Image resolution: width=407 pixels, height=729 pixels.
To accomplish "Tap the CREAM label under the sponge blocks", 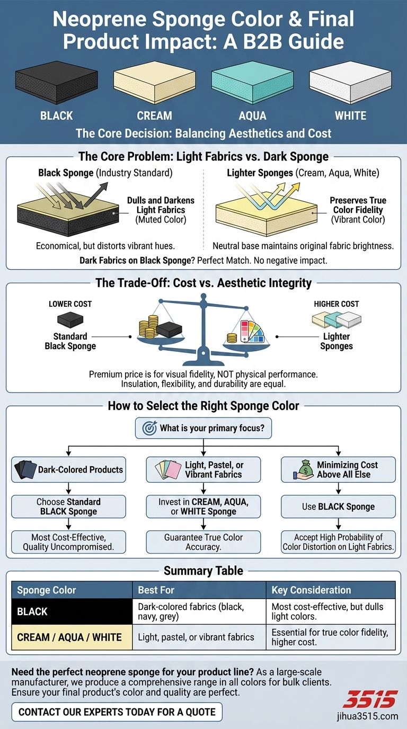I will tap(154, 115).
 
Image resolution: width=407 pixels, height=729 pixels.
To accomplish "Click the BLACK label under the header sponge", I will tap(57, 115).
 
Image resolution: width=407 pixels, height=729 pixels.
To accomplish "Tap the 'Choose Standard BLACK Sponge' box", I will tap(68, 506).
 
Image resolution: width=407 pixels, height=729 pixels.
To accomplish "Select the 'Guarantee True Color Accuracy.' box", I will tap(203, 542).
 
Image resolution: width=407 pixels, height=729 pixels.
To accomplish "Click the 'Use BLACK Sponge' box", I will tap(338, 506).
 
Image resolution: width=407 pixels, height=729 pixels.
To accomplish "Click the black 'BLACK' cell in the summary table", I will tap(72, 611).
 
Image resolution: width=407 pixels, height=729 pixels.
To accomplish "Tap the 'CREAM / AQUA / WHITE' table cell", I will tap(72, 637).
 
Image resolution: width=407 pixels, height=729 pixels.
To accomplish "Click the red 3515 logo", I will tap(369, 699).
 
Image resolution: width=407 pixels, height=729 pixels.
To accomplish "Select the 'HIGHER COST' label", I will tap(337, 304).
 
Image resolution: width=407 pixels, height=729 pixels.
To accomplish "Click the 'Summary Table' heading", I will tap(203, 571).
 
